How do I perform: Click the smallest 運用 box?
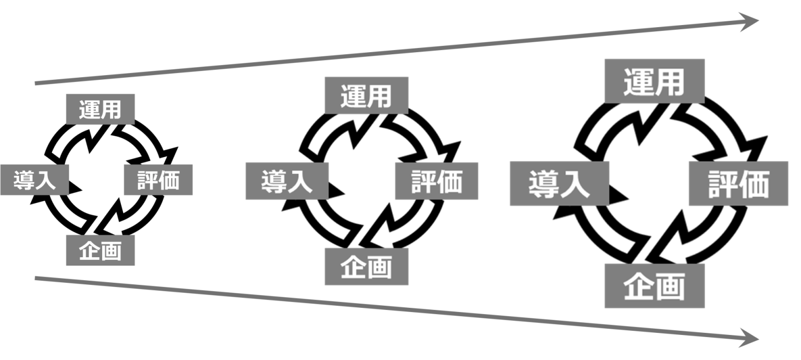[100, 109]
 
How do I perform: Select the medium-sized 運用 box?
[366, 95]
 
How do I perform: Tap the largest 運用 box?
[654, 81]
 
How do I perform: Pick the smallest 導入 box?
[34, 180]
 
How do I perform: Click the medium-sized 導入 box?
[287, 181]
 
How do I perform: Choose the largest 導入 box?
[559, 184]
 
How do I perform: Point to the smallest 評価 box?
[158, 180]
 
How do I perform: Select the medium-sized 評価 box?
[436, 181]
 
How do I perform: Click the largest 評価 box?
[738, 184]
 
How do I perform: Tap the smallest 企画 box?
[100, 250]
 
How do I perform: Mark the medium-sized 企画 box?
[366, 267]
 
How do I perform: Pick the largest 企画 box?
[654, 286]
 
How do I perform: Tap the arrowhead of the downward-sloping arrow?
[751, 338]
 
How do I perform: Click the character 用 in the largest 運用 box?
[670, 82]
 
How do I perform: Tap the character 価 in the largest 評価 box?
[754, 184]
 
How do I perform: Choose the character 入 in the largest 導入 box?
[575, 185]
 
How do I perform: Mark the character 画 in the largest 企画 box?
[670, 287]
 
